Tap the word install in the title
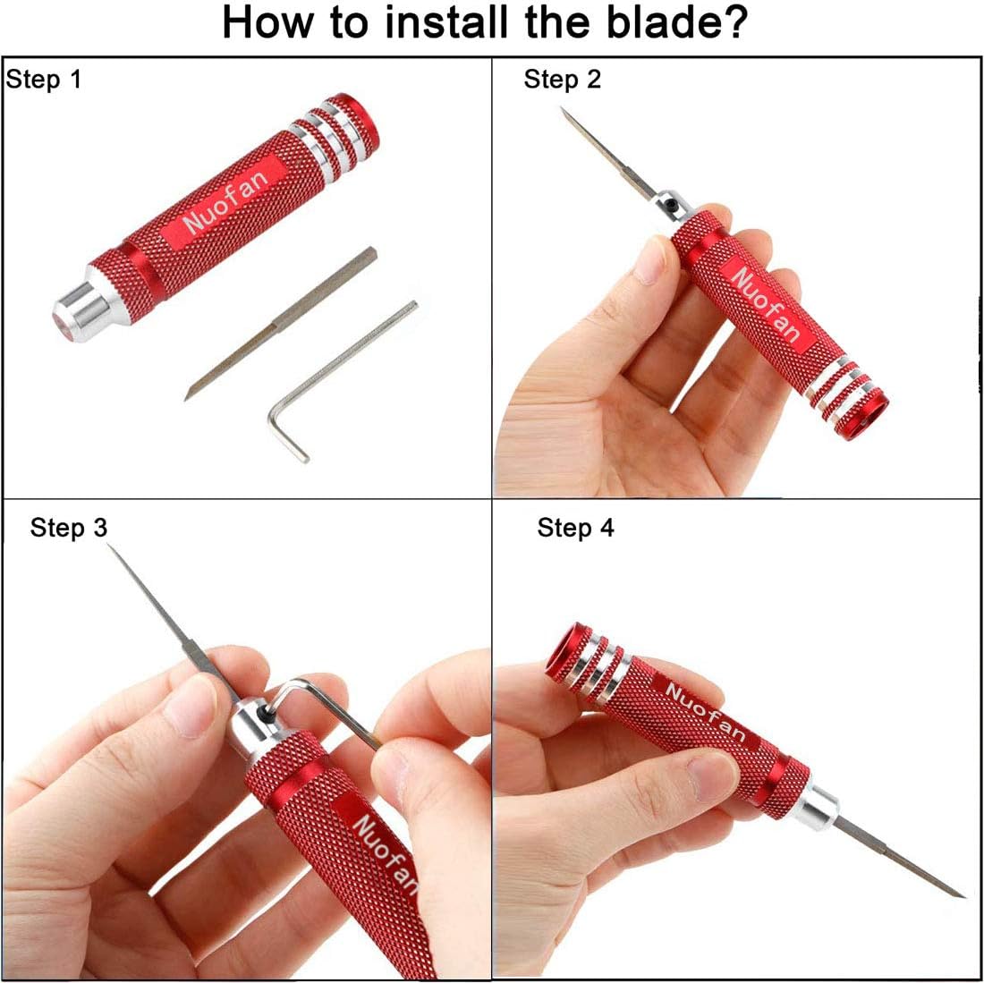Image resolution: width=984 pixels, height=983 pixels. (x=446, y=23)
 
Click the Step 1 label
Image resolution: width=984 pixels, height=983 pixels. (x=44, y=81)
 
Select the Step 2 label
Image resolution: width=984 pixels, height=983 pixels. (x=563, y=80)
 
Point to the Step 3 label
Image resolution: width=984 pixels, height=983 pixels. (x=68, y=528)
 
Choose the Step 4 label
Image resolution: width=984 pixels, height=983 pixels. (x=575, y=528)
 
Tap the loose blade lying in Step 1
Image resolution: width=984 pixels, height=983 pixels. (x=281, y=323)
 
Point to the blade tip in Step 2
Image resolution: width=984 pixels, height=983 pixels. (x=563, y=110)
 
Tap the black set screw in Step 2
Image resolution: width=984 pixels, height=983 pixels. (x=671, y=204)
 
